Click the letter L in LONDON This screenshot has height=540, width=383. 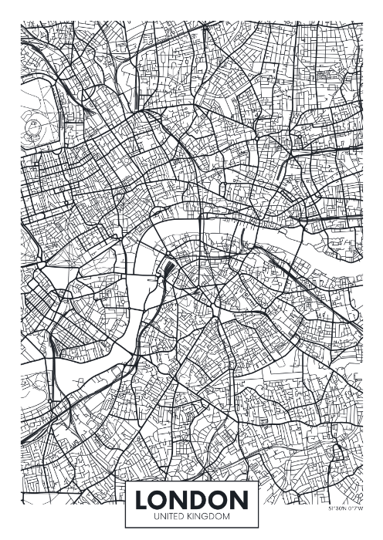tap(143, 500)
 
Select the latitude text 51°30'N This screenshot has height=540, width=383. tap(337, 510)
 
